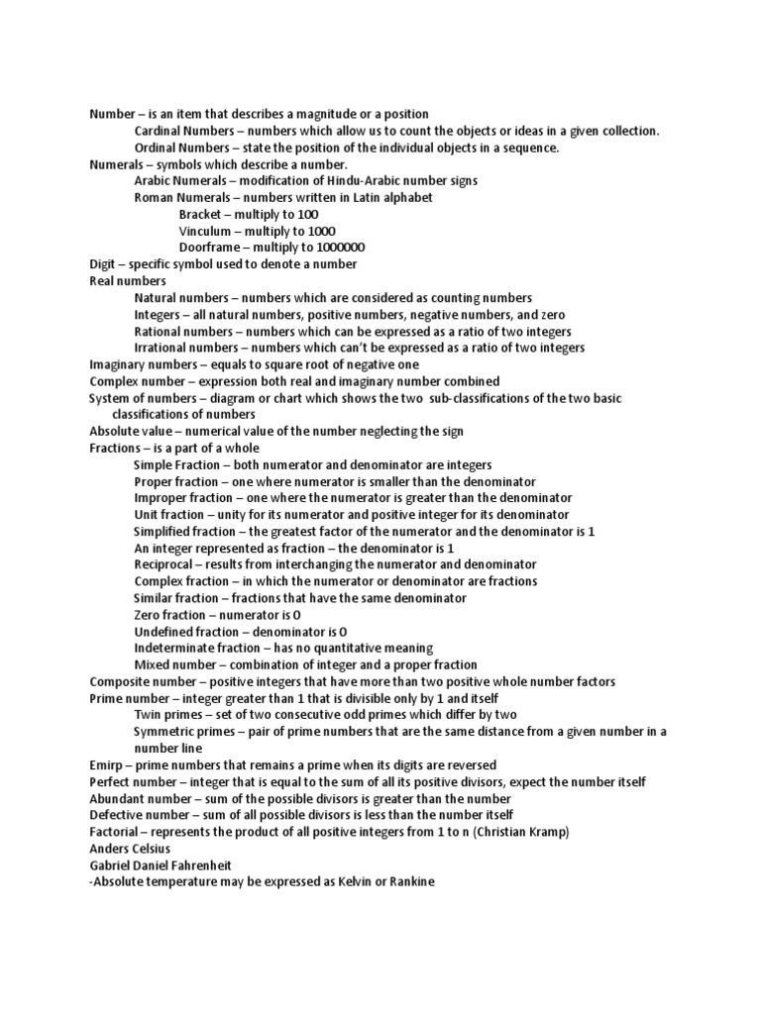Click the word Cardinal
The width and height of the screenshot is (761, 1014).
(x=160, y=132)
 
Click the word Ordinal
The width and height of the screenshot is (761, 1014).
(x=158, y=149)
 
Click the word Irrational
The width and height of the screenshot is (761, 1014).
(x=163, y=349)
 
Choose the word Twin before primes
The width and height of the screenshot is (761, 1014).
(x=149, y=715)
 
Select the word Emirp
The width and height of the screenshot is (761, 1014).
(x=107, y=765)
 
